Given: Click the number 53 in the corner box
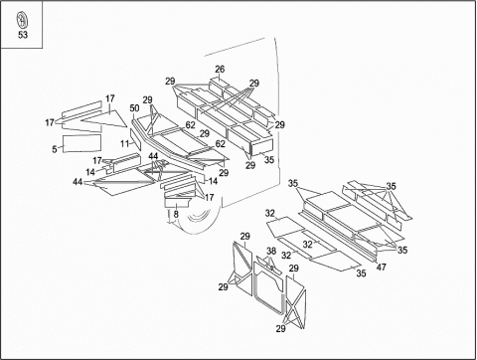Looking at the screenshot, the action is coord(23,35).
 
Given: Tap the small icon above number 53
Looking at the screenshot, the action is coord(22,20).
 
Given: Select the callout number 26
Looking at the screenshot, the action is coord(220,70).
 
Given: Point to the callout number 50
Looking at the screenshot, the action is coord(134,108).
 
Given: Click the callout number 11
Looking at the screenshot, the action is coord(124,143).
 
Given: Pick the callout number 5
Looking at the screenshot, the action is coord(55,149).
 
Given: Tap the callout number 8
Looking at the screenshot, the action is coord(176,214).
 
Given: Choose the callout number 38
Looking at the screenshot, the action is coord(271,251).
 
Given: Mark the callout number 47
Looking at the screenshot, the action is coord(382,267).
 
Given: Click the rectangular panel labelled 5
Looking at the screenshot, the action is coord(82,143).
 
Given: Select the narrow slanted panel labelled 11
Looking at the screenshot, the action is coord(135,139).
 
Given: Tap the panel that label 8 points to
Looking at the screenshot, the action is coord(178,202).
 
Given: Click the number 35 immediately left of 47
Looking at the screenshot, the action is coord(361,273).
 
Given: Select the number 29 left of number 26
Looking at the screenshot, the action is coord(170,82).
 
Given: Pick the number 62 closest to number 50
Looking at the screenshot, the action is coord(190,125).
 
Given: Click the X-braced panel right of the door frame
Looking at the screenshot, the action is coord(296,302).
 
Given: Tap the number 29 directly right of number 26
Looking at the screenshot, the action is coord(254,84).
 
